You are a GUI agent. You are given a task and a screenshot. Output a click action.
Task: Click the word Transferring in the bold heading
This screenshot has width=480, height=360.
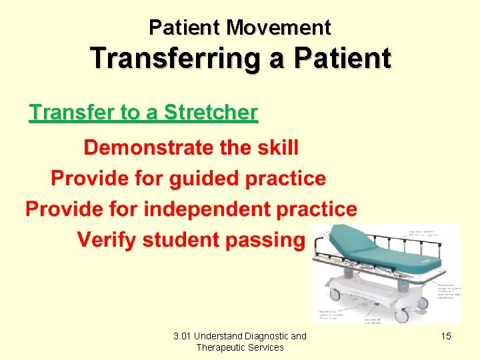coord(170,59)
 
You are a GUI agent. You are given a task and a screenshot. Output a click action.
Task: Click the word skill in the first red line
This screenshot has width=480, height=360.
coord(275,147)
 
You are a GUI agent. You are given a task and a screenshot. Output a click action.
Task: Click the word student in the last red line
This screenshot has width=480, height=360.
coord(185,239)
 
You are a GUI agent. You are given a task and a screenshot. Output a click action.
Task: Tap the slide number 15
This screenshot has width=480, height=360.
coord(446,336)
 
